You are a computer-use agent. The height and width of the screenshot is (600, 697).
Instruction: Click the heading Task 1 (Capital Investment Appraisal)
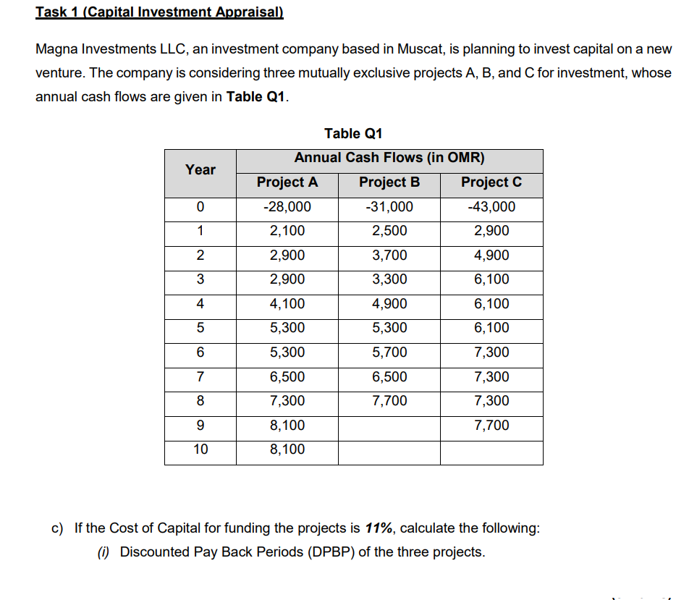coord(159,12)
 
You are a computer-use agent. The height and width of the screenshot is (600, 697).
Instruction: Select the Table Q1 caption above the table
coord(353,133)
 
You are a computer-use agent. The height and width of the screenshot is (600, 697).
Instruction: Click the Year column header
coord(200,169)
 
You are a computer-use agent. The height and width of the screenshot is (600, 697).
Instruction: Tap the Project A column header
coord(287,182)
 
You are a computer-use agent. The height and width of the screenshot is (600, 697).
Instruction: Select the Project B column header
coord(389,182)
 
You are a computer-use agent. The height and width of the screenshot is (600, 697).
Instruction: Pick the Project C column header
coord(491,182)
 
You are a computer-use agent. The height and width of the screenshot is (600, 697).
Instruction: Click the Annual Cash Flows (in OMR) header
coord(389,158)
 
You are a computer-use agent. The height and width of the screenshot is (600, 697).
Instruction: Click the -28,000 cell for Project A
coord(287,207)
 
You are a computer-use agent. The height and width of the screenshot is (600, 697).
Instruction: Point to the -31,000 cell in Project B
coord(389,207)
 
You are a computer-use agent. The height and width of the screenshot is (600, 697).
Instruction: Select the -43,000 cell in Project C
coord(491,207)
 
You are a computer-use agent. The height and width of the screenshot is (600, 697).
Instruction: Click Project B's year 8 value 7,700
coord(389,401)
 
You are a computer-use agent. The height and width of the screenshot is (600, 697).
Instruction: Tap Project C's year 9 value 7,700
coord(491,425)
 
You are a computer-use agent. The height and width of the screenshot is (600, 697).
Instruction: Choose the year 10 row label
coord(200,449)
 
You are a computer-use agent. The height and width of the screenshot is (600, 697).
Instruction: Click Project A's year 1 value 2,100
coord(287,231)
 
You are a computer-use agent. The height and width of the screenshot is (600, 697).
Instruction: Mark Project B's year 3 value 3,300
coord(389,279)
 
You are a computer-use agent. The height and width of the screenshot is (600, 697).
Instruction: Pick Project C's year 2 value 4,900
coord(491,255)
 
